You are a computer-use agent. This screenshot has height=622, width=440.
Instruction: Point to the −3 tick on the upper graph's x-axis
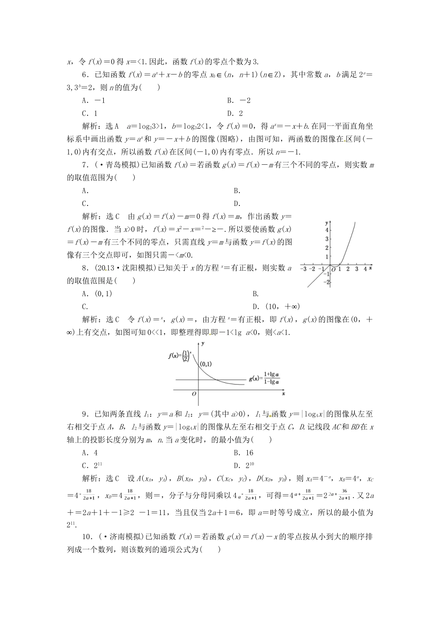click(x=303, y=269)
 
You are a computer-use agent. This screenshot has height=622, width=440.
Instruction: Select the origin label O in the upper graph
click(x=333, y=269)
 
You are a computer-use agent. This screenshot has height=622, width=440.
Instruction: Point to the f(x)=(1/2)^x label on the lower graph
click(x=179, y=355)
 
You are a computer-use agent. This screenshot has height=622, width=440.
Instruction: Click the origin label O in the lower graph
click(x=194, y=393)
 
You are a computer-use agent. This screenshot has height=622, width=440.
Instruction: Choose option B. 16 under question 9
click(x=244, y=453)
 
